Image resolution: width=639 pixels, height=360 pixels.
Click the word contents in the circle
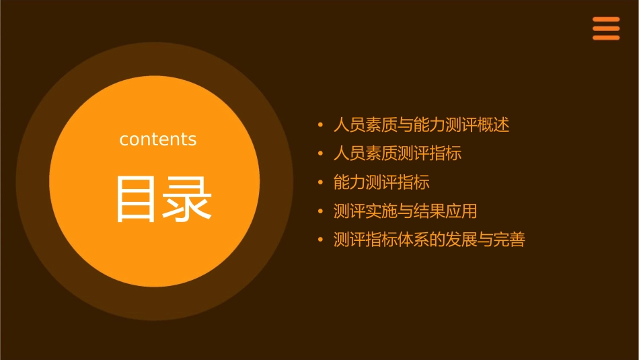point(158,139)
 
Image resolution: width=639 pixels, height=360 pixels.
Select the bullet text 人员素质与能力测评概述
point(421,125)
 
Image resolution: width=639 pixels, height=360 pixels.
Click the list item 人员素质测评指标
point(398,153)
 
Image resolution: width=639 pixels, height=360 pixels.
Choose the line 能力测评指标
point(381,182)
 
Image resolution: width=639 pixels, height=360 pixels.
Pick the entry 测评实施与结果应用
point(405,211)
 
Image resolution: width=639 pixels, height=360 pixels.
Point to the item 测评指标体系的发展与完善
point(429,240)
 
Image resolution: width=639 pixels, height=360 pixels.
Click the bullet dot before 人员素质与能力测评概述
point(320,125)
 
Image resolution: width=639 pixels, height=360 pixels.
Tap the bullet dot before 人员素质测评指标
point(320,154)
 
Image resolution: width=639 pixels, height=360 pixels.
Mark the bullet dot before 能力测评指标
point(320,182)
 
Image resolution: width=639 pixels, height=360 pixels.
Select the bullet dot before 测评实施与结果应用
point(320,211)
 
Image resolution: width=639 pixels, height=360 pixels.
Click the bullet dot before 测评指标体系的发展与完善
point(320,240)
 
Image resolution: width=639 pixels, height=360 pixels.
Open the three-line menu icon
point(606,28)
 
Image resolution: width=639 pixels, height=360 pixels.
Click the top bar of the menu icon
point(606,19)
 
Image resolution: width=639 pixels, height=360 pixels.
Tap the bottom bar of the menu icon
point(606,38)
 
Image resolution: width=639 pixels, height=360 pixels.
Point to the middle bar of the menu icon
point(606,28)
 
